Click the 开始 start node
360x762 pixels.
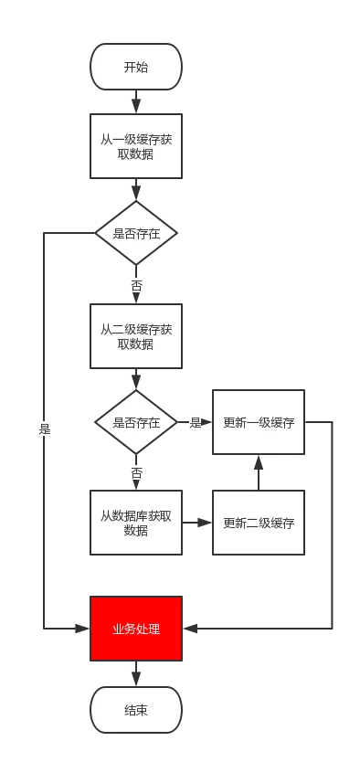(x=136, y=67)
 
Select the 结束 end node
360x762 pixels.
(x=136, y=710)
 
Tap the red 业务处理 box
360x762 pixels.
(x=136, y=629)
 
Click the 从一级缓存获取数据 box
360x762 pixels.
(x=136, y=146)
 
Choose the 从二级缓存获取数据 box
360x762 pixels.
(x=136, y=336)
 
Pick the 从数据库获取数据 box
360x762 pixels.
(x=136, y=523)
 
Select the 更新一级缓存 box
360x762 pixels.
(x=259, y=422)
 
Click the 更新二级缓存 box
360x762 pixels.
(x=259, y=523)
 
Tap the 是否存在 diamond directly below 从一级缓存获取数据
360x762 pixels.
(x=136, y=233)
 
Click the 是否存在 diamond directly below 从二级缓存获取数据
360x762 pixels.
(x=136, y=422)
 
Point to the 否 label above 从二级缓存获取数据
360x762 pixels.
(x=136, y=286)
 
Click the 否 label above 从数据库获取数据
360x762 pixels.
(x=136, y=472)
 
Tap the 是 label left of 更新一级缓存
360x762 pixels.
(x=195, y=422)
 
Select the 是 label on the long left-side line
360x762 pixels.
(x=44, y=428)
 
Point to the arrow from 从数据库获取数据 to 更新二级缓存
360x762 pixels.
(x=197, y=523)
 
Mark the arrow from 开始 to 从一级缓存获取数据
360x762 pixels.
(x=136, y=101)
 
